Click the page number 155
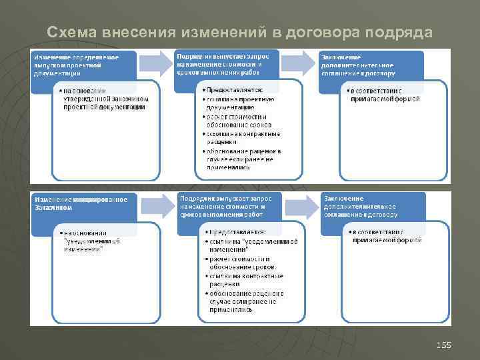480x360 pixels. (x=443, y=345)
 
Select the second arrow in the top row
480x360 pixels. (x=300, y=63)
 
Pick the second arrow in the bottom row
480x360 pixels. (x=300, y=207)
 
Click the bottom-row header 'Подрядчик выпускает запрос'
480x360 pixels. (x=224, y=207)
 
